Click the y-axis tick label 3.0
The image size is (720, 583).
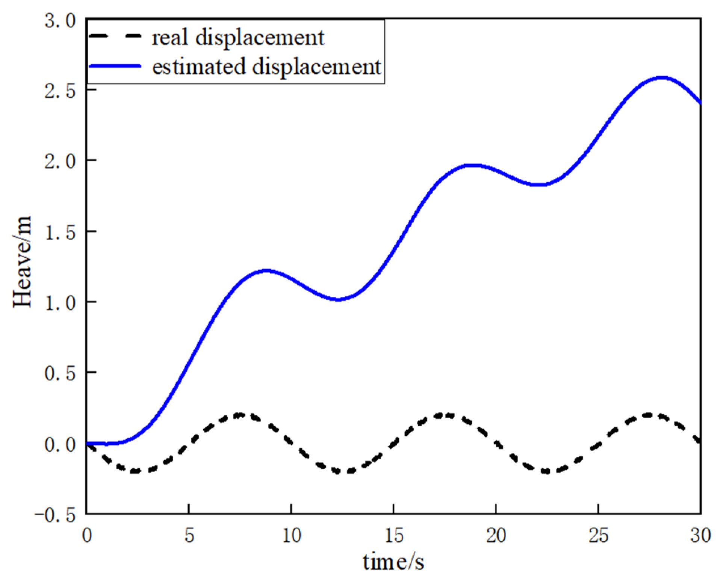tap(60, 21)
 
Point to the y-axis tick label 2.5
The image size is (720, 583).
tap(60, 91)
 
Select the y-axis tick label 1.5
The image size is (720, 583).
tap(60, 233)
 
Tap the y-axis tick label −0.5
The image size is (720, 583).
tap(55, 515)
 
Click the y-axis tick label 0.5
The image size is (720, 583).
tap(60, 373)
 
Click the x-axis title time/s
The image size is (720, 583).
tap(393, 562)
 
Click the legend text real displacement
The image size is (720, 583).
tap(237, 38)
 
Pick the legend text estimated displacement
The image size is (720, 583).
tap(266, 66)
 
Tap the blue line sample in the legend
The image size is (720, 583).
tap(115, 66)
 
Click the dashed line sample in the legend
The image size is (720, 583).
tap(115, 36)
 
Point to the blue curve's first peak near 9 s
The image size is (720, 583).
tap(266, 270)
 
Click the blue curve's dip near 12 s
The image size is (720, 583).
tap(338, 299)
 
